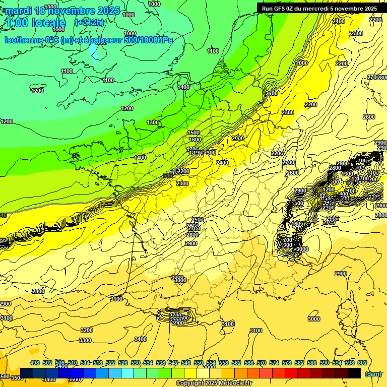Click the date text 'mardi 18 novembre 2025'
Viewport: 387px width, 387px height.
pos(62,11)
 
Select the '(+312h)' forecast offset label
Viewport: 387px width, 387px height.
pos(89,22)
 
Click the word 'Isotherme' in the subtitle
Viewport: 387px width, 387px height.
pos(25,40)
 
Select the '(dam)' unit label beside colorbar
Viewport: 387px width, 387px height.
pos(373,373)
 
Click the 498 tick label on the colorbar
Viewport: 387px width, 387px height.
pos(35,363)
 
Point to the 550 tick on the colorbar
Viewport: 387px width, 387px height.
pos(199,363)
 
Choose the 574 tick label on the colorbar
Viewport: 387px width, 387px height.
pos(274,363)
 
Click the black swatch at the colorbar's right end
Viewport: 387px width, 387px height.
pos(354,373)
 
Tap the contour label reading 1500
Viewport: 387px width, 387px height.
pos(193,133)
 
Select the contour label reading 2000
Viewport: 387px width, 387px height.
pos(237,138)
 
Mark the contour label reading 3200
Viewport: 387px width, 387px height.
pos(87,330)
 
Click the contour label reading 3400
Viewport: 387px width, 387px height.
pos(140,339)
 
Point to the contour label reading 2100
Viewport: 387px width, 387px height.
pos(272,93)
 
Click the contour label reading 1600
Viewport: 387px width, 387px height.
pos(195,140)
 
